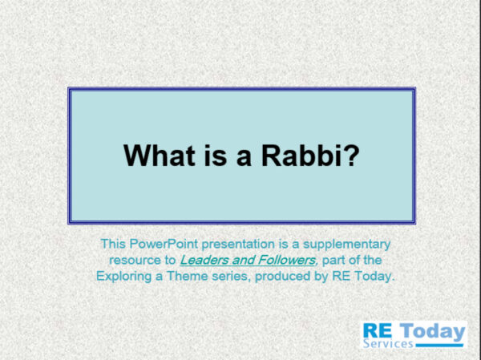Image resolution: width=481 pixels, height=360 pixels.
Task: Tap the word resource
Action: (x=132, y=260)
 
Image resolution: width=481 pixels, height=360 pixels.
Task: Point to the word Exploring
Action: (x=123, y=276)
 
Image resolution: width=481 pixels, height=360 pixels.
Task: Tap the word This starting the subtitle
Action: (x=113, y=244)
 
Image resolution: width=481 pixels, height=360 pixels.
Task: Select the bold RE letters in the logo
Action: (x=378, y=330)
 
